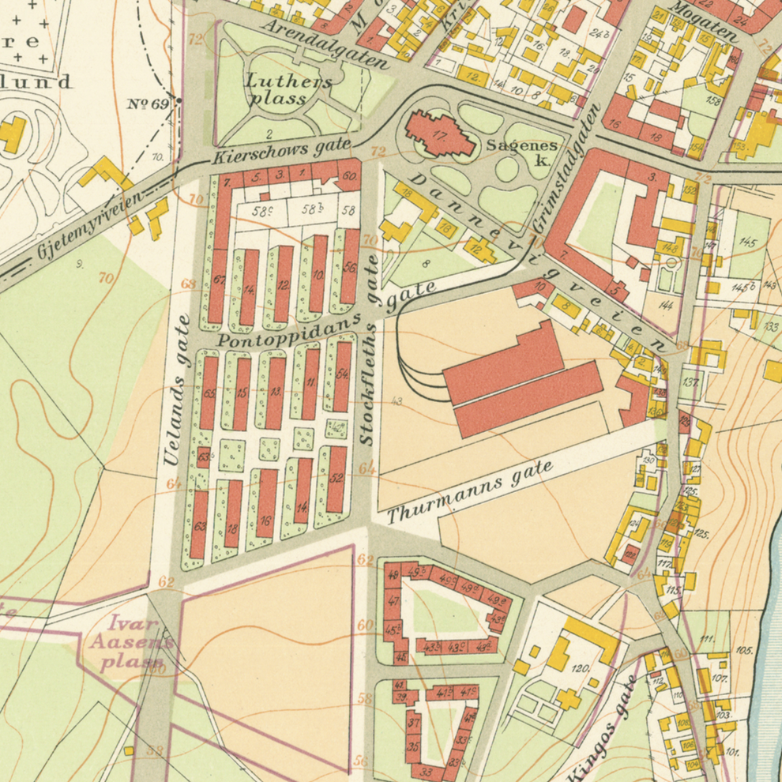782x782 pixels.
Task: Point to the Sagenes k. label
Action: click(x=522, y=152)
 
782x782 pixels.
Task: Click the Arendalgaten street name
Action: click(x=325, y=44)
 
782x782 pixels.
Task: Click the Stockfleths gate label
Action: click(x=369, y=351)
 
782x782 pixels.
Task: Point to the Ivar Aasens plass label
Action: click(x=130, y=641)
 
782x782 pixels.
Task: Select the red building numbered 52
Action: click(x=336, y=479)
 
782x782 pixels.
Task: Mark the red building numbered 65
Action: click(x=209, y=393)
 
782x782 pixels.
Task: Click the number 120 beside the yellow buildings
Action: click(x=581, y=668)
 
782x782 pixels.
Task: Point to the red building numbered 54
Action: click(x=342, y=375)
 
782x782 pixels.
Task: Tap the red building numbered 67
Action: click(x=218, y=280)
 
